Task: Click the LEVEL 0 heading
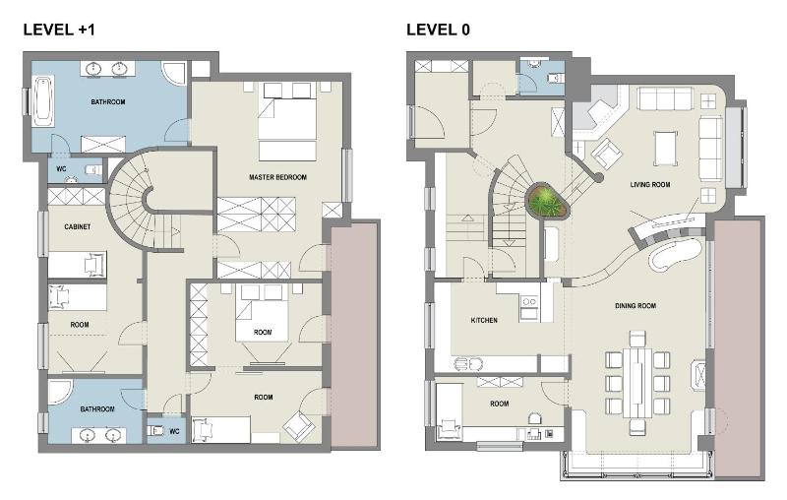438,30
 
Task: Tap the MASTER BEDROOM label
278,177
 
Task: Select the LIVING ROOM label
650,184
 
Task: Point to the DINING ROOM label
636,306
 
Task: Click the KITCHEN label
483,320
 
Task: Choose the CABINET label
78,226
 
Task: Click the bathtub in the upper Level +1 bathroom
43,102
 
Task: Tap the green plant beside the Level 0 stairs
546,203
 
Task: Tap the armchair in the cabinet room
93,264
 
